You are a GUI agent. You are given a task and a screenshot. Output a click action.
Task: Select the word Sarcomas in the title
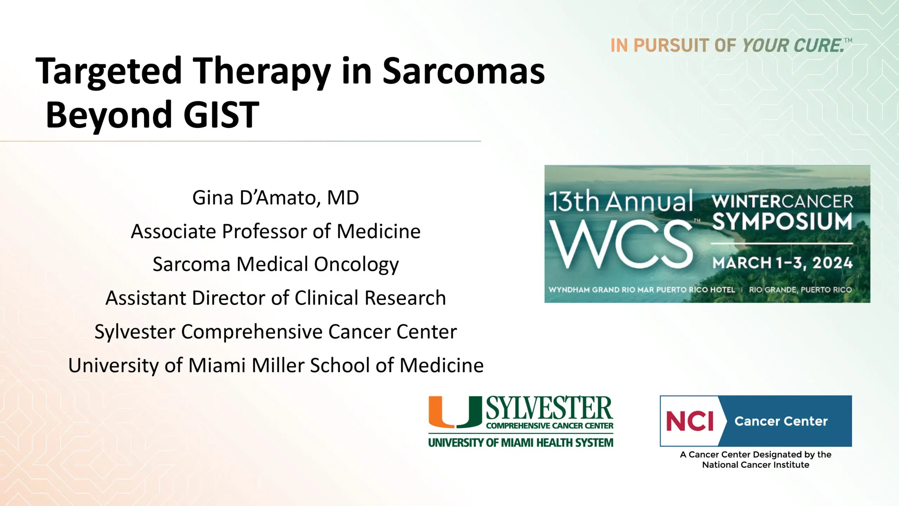pos(463,72)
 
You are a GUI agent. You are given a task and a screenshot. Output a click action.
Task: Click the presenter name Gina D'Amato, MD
pos(276,198)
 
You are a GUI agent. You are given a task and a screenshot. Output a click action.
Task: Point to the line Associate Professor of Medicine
pos(276,232)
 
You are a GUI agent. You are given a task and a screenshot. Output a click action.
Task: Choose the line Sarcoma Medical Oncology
pos(276,264)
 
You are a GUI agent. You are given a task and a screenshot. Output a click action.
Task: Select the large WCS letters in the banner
pos(620,244)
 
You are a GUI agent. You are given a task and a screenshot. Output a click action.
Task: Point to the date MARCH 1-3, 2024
pos(782,263)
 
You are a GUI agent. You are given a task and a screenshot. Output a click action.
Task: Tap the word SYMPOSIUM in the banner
pos(782,221)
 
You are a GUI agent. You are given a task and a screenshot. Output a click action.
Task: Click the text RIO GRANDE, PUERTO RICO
pos(800,290)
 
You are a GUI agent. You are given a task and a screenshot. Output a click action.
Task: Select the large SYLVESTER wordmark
pos(550,408)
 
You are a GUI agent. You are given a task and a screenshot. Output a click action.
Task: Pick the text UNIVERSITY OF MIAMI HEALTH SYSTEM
pos(521,442)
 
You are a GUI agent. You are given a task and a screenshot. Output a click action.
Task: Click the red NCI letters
pos(690,421)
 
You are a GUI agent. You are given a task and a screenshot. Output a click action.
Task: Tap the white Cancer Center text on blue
pos(781,421)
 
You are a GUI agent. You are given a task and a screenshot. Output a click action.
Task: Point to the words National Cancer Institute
pos(756,465)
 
